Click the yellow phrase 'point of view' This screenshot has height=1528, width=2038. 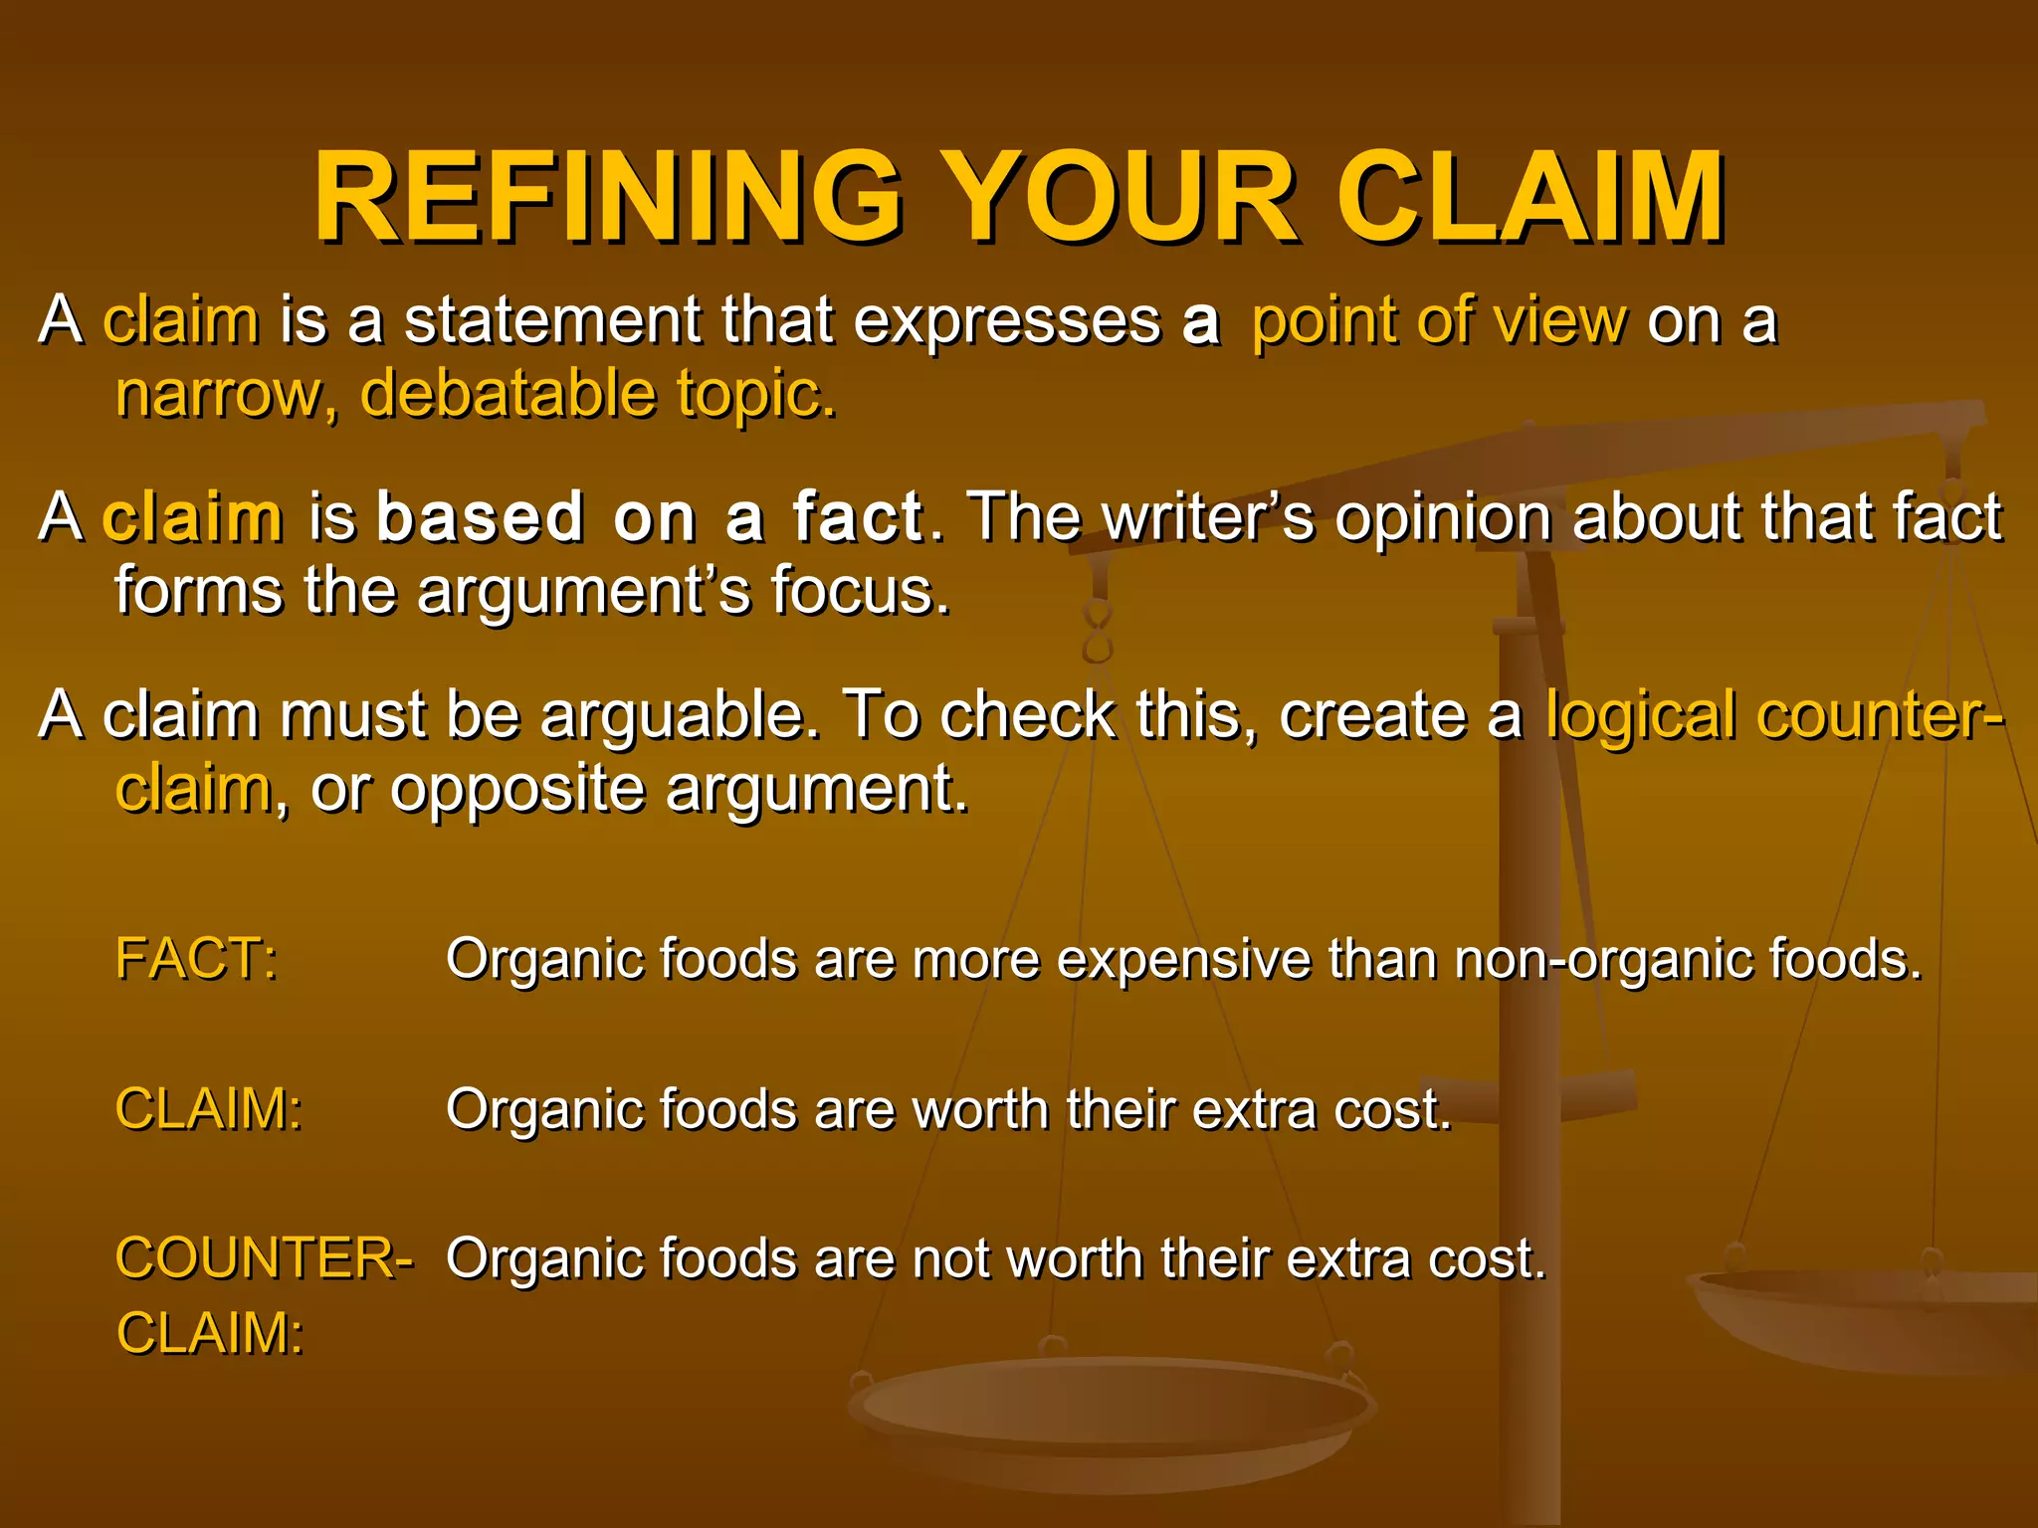[x=1439, y=320]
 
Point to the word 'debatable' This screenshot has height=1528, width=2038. [x=508, y=394]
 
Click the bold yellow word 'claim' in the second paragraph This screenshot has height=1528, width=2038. [x=193, y=517]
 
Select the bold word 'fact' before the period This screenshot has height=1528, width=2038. [x=858, y=517]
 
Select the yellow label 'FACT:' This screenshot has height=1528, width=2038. [x=196, y=959]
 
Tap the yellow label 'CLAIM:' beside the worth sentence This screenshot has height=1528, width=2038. [x=209, y=1108]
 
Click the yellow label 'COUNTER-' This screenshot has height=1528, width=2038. [x=264, y=1257]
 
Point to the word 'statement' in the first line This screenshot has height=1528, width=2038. [x=552, y=320]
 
